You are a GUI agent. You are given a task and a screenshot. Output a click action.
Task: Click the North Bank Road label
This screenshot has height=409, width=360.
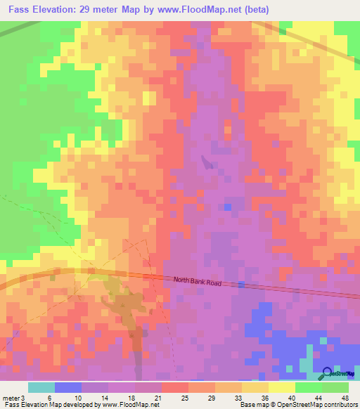198,281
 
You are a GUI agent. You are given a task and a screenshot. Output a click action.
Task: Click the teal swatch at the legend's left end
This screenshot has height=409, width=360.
41,387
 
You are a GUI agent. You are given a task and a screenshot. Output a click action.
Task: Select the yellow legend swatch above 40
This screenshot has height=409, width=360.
282,387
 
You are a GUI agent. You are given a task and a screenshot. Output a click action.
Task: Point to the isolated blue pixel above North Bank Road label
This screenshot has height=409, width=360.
228,207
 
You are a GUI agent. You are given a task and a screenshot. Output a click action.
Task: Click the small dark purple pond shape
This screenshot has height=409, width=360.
205,163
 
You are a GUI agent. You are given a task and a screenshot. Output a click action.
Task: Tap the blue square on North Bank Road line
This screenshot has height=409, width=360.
241,285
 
